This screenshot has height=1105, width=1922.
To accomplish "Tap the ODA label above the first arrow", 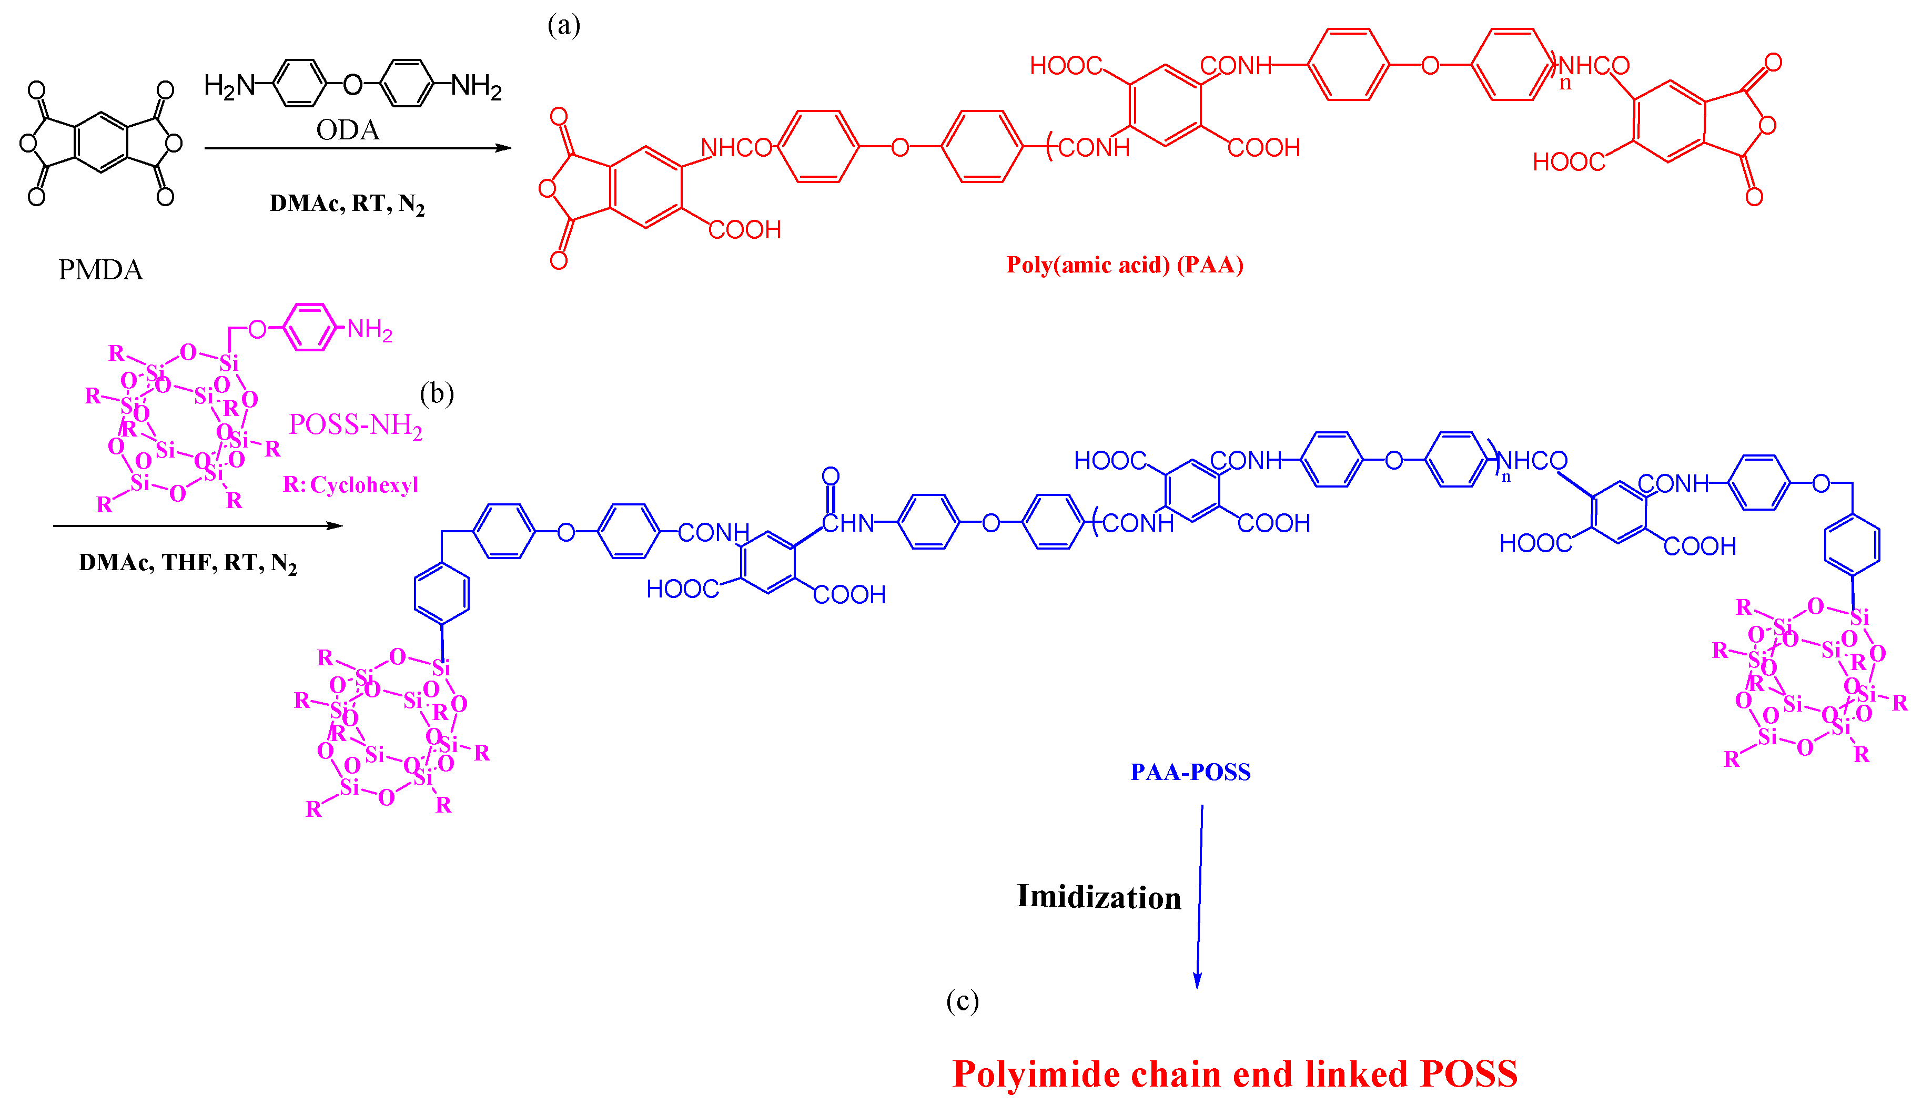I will [x=348, y=130].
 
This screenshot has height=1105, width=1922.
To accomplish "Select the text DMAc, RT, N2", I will [x=347, y=204].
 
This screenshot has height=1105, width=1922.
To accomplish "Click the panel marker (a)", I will [x=564, y=25].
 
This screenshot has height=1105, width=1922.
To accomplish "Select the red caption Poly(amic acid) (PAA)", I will [x=1125, y=265].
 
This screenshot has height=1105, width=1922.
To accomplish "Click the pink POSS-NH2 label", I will [x=355, y=425].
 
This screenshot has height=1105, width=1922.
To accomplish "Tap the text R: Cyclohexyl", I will [x=350, y=484].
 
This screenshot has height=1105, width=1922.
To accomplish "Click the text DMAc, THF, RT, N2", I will [x=187, y=562].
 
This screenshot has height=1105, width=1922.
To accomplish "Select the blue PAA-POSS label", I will [x=1190, y=772].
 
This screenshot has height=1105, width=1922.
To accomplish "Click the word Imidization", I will [x=1099, y=897].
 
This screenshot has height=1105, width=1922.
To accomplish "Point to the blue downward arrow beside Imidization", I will [x=1200, y=896].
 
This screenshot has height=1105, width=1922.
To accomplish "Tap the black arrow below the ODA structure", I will [x=357, y=148].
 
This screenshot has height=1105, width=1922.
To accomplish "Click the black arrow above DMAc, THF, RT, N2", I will [x=197, y=525].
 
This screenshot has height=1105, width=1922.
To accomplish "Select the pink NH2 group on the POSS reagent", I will [x=370, y=329].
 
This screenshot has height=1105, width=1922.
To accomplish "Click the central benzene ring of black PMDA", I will [x=101, y=143].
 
